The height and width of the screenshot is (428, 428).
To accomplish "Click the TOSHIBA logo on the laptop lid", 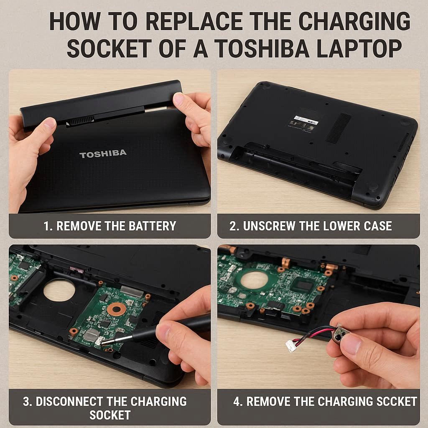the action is click(103, 154).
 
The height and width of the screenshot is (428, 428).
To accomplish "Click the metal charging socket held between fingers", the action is click(339, 333).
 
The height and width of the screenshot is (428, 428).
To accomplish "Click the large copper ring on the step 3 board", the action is click(117, 309).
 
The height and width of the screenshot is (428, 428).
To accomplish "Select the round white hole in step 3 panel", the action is click(59, 290).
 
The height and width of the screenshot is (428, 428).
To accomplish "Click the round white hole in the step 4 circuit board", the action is click(255, 280).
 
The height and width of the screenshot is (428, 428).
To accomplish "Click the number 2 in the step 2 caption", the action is click(233, 226).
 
